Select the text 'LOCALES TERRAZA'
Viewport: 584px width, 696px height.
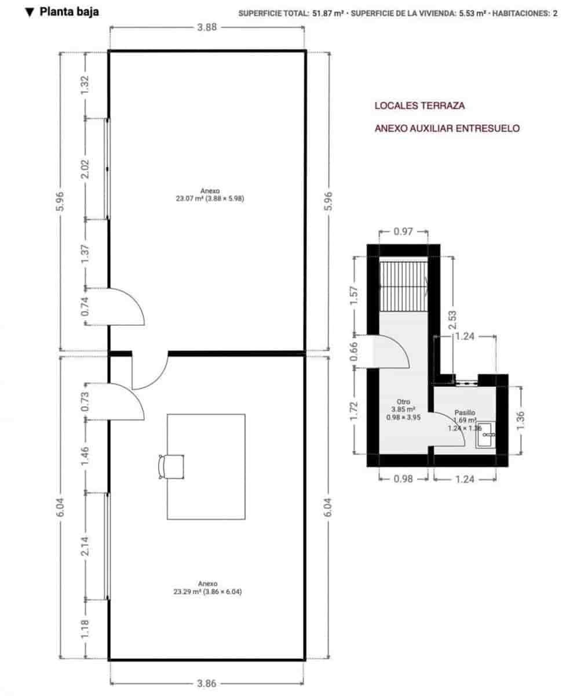pos(419,106)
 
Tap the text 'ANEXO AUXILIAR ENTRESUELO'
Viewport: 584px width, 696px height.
pos(447,128)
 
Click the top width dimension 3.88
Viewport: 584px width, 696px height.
pos(207,27)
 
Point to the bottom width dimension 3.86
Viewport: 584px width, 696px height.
pos(207,684)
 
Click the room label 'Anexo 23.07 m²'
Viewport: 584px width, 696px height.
pos(209,194)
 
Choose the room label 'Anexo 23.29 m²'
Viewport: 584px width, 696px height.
pos(207,588)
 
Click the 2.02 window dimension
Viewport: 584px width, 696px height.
pos(85,169)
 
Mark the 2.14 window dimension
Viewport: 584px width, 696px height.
pos(85,545)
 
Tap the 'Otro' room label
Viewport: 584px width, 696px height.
pos(403,409)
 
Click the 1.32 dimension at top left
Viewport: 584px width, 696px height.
pos(85,86)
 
